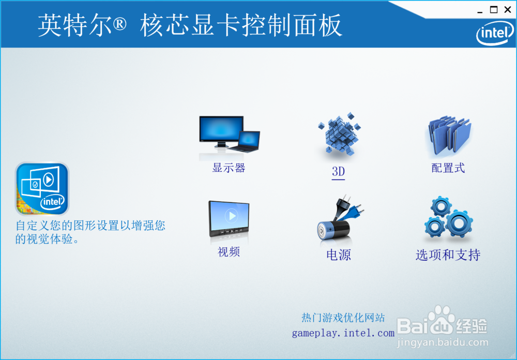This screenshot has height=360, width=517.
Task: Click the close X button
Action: coord(508,10)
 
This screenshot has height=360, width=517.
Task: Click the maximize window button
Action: coord(494,10)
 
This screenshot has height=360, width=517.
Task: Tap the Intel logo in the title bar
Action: coord(495,33)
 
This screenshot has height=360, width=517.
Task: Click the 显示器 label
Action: coord(229,168)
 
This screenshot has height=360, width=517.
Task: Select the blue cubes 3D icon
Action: coord(339,134)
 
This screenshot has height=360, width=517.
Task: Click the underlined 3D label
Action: coord(338,172)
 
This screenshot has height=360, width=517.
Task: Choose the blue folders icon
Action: coord(449,136)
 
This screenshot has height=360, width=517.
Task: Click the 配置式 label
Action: coord(448,168)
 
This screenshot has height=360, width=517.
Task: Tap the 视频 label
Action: coord(229,252)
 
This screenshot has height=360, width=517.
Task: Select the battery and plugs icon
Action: coord(340,220)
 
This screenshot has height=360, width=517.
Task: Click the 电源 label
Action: coord(338,254)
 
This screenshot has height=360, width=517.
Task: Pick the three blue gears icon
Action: coord(448,218)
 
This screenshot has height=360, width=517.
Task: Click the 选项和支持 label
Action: coord(448,254)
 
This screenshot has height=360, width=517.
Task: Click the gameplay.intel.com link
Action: coord(343,333)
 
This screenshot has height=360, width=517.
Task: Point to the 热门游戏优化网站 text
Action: coord(343,318)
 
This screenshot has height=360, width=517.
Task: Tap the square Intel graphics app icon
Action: coord(42,189)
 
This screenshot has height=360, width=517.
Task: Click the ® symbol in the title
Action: coord(119,24)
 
